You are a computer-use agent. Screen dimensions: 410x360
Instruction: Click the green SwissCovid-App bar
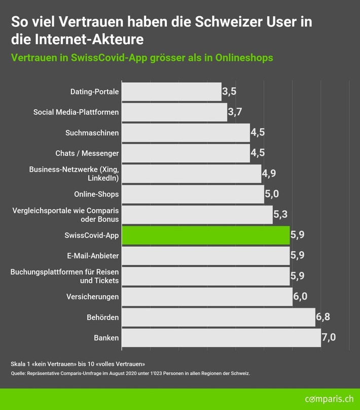coord(205,235)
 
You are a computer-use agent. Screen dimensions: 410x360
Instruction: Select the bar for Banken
coord(221,337)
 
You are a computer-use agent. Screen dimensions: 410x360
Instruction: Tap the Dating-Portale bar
coord(171,92)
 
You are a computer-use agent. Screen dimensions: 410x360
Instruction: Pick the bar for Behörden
coord(218,317)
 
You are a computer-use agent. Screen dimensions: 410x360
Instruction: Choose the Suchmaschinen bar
coord(186,133)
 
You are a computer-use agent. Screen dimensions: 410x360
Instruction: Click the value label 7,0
coord(329,337)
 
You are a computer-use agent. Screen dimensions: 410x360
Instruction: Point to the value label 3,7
coord(235,112)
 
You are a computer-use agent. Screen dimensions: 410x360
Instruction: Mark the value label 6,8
coord(323,317)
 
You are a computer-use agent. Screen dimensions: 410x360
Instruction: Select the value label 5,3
coord(280,215)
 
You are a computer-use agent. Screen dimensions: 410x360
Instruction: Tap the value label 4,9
coord(269,174)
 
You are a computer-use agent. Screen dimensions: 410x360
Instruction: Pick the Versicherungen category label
coord(93,296)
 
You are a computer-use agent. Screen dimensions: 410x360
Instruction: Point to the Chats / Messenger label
coord(87,153)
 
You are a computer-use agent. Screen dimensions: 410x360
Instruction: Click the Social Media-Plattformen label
coord(76,112)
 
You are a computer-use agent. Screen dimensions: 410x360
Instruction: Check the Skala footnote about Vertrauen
coord(78,364)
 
